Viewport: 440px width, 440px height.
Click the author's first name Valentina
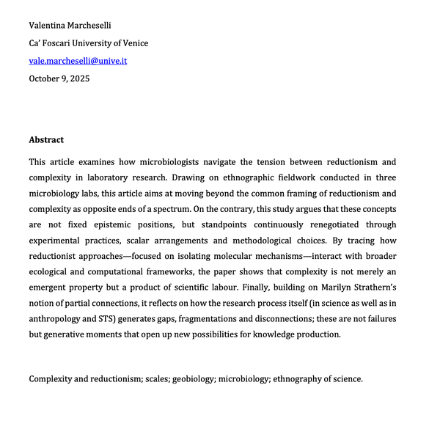point(49,26)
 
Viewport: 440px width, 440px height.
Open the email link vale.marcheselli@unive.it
point(78,61)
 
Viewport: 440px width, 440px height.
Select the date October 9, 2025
point(59,78)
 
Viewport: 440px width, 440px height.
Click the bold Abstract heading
point(46,140)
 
